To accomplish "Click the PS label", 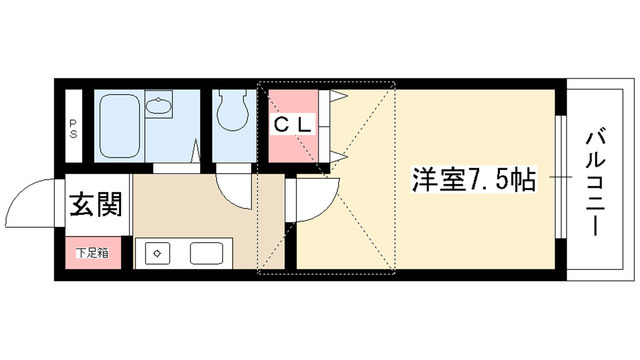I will [x=73, y=126].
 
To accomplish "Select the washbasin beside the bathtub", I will [x=158, y=105].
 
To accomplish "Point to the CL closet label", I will [x=296, y=125].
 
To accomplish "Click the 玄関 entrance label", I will [x=96, y=206].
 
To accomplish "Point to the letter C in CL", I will [x=283, y=125].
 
